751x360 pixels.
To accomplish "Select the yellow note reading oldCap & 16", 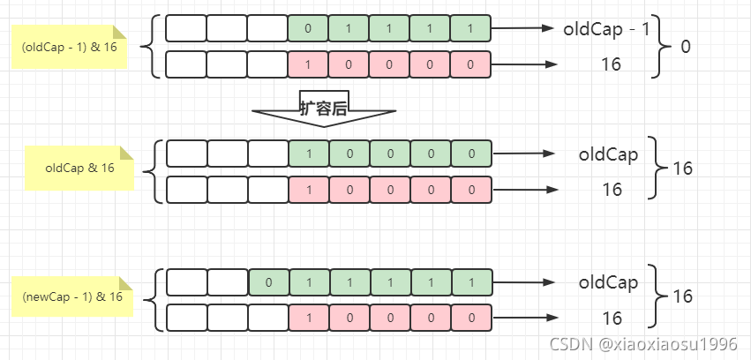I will click(x=79, y=168).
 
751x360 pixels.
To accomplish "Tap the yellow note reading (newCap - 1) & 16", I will click(x=72, y=296).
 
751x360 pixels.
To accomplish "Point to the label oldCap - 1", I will click(x=607, y=28).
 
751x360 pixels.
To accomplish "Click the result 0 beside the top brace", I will click(x=686, y=46).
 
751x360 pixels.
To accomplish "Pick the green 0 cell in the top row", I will click(x=308, y=28).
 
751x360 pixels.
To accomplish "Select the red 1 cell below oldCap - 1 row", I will click(x=308, y=64).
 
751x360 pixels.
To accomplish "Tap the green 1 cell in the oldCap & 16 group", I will click(x=308, y=154).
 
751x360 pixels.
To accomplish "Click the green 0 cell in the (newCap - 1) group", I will click(x=268, y=283).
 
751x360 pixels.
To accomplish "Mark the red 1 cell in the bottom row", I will click(x=308, y=318).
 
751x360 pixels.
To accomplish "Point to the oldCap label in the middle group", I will click(x=608, y=154).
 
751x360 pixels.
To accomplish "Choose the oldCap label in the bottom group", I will click(x=608, y=283).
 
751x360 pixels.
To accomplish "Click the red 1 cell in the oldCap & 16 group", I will click(x=308, y=190).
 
